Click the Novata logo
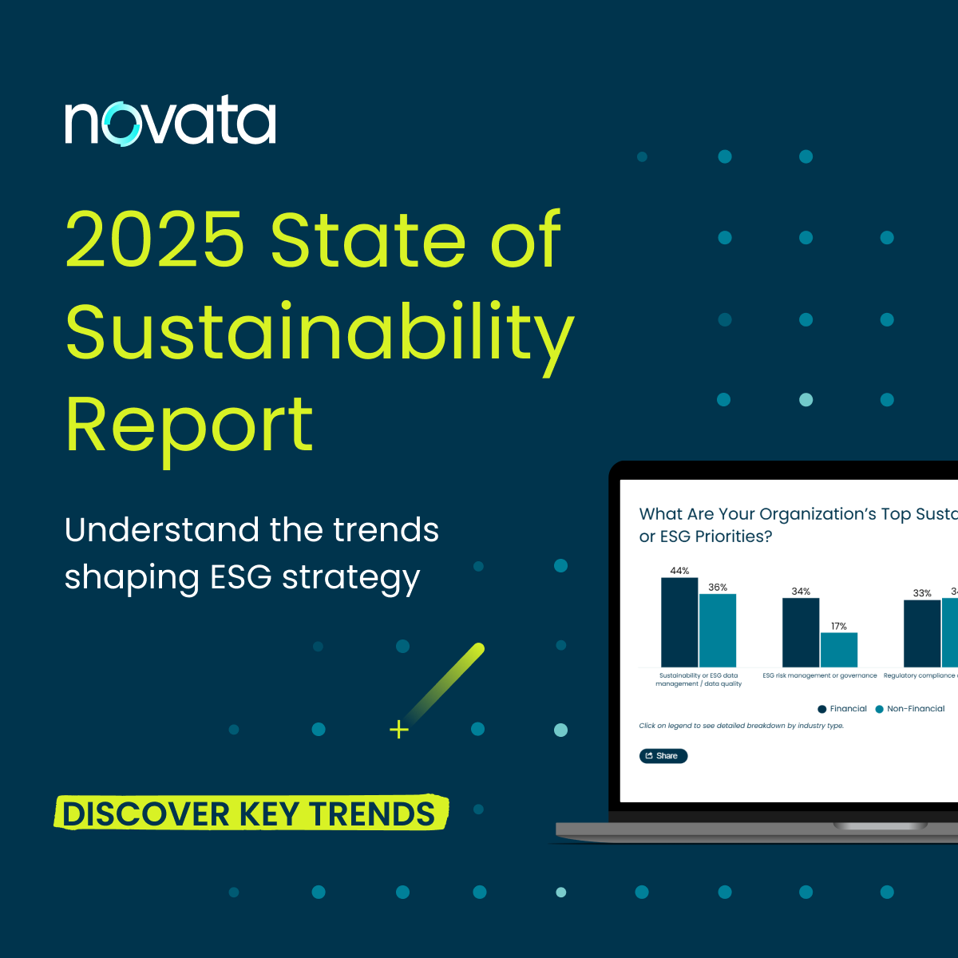pyautogui.click(x=170, y=121)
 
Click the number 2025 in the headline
pyautogui.click(x=155, y=239)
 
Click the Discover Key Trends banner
pyautogui.click(x=251, y=814)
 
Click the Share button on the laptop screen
pyautogui.click(x=663, y=756)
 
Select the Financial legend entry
pyautogui.click(x=841, y=709)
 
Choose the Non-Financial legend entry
pyautogui.click(x=909, y=709)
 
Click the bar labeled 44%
pyautogui.click(x=679, y=622)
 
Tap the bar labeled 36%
pyautogui.click(x=717, y=631)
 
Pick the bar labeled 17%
pyautogui.click(x=838, y=650)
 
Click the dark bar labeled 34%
pyautogui.click(x=800, y=632)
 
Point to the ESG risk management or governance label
pyautogui.click(x=819, y=675)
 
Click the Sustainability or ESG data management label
pyautogui.click(x=699, y=679)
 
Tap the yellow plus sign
pyautogui.click(x=399, y=730)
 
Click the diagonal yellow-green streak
pyautogui.click(x=447, y=679)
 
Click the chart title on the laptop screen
pyautogui.click(x=790, y=525)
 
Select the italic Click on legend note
pyautogui.click(x=741, y=726)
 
